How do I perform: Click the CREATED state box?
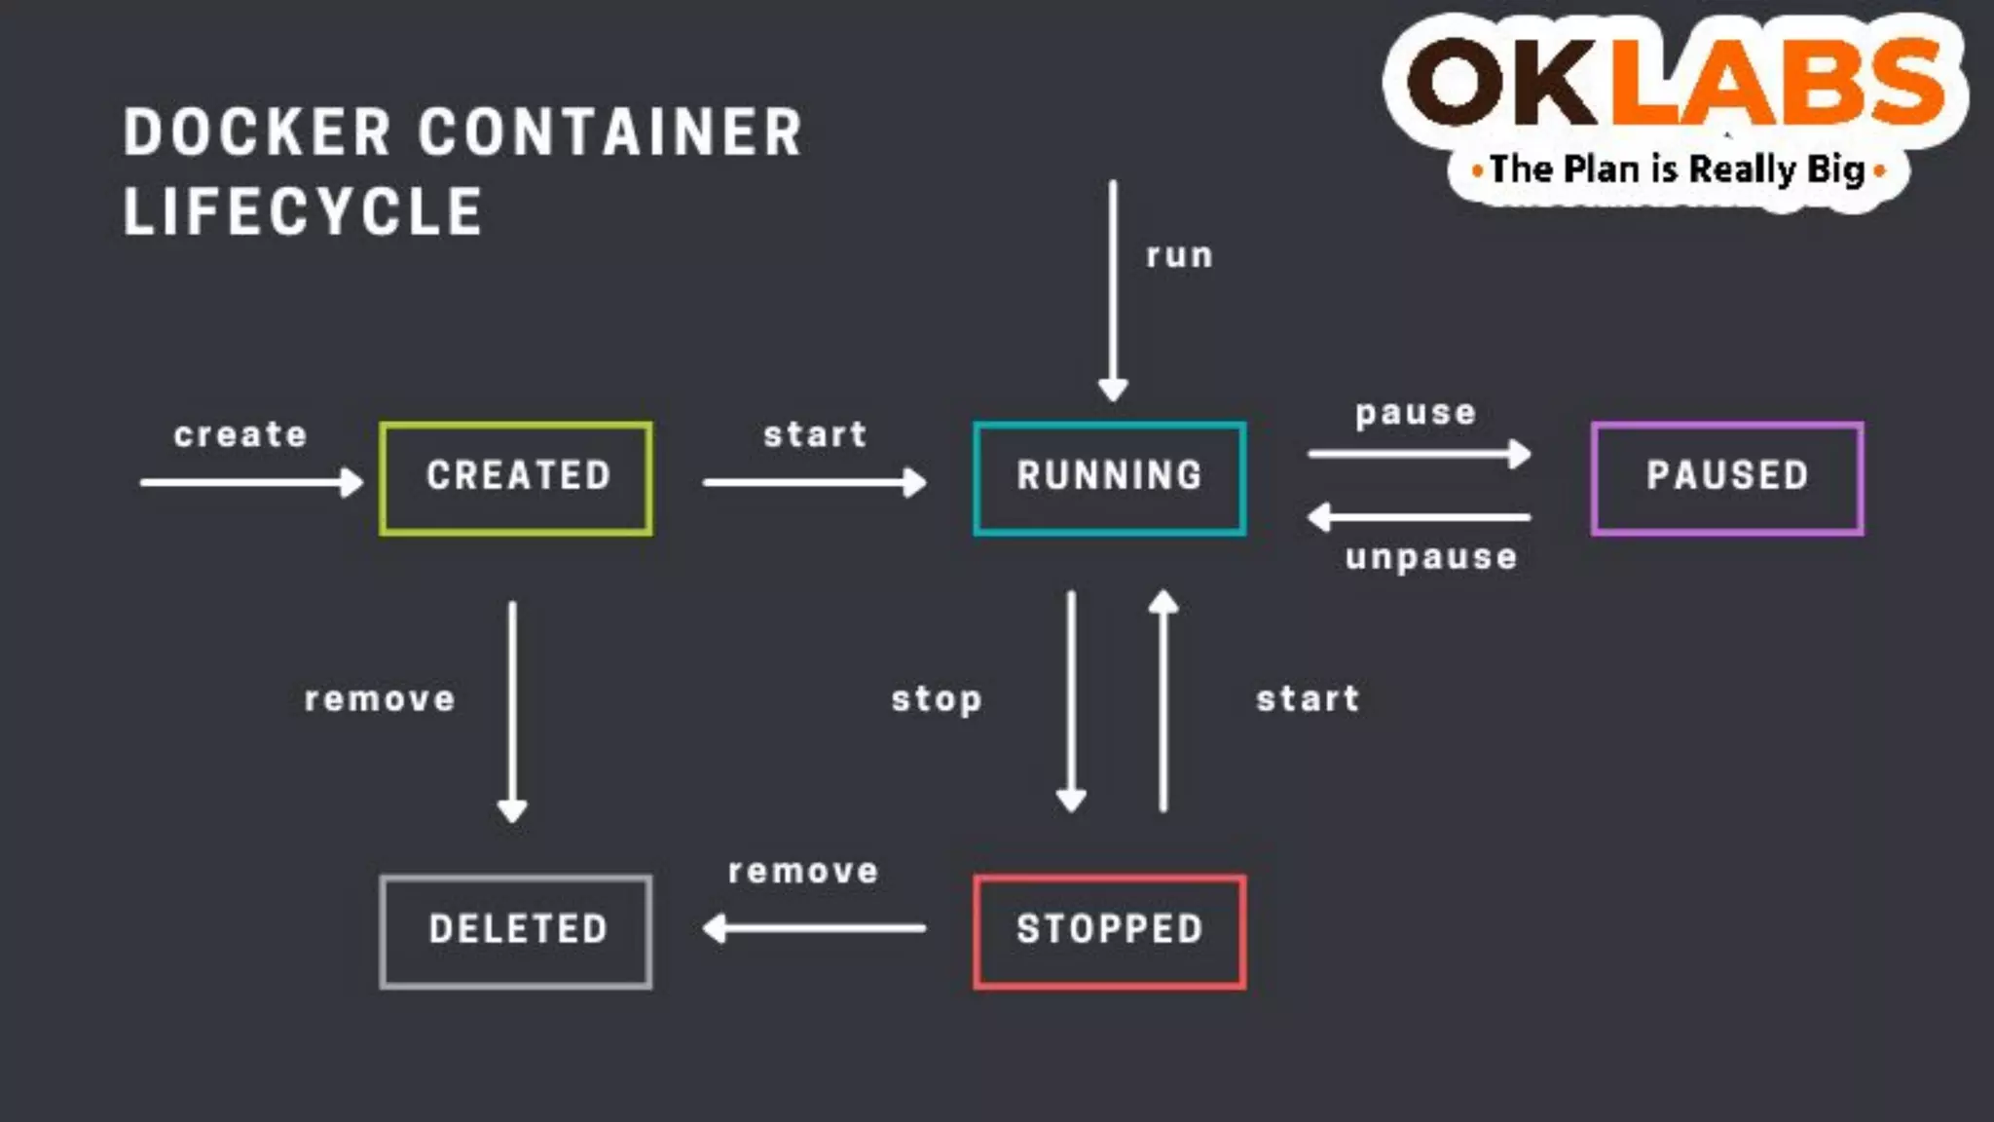click(516, 478)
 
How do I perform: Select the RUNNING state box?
click(1109, 478)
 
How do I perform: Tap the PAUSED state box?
click(1727, 478)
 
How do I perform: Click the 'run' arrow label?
click(1179, 256)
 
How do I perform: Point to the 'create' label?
click(240, 434)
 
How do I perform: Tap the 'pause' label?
click(1416, 413)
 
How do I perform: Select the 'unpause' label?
click(1431, 557)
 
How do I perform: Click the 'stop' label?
click(937, 699)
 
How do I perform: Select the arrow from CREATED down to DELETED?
click(512, 711)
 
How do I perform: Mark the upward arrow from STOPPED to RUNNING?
click(1163, 701)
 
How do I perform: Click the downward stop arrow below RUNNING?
click(1071, 701)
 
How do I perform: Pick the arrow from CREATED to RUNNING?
click(814, 482)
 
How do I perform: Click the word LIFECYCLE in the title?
click(303, 211)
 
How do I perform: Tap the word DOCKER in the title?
click(257, 132)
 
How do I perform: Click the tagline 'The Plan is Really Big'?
click(1678, 169)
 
